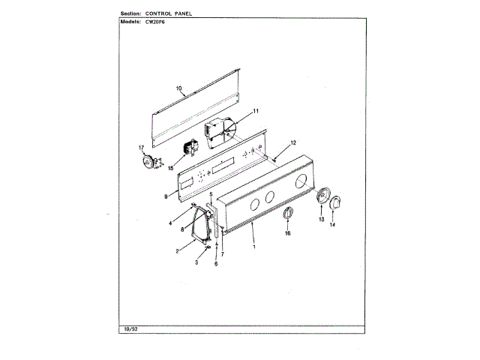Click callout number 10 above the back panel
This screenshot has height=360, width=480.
click(179, 88)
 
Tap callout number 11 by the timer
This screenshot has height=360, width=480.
click(255, 111)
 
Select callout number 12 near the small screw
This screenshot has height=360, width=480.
click(294, 142)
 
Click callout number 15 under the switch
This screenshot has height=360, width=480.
click(170, 169)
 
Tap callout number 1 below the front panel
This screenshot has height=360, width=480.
click(253, 247)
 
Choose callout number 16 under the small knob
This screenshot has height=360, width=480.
click(286, 234)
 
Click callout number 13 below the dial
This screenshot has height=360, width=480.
click(321, 222)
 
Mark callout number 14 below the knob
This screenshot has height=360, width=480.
click(334, 225)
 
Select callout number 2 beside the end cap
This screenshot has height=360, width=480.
click(178, 250)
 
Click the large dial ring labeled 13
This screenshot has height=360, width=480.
click(325, 197)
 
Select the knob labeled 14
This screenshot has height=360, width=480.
click(336, 202)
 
